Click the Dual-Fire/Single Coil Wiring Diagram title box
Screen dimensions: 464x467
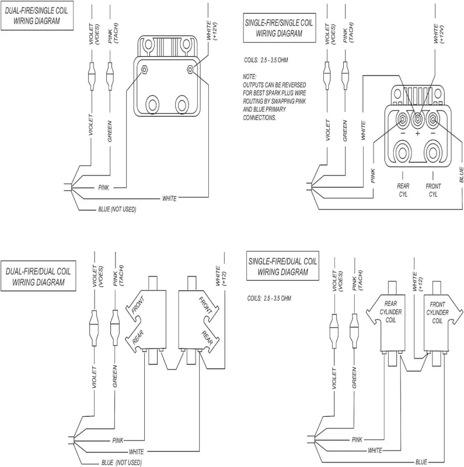coord(37,16)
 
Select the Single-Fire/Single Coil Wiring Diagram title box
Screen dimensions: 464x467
coord(280,27)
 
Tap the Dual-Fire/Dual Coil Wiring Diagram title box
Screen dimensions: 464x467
coord(38,276)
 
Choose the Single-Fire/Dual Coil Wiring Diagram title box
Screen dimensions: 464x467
coord(282,266)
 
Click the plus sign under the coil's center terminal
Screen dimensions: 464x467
coord(417,133)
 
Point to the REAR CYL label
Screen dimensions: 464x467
coord(403,190)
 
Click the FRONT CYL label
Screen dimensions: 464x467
coord(433,190)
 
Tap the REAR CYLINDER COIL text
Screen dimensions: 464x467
coord(390,312)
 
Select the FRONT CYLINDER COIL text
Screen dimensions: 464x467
coord(437,313)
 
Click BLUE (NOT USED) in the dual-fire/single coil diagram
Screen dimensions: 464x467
coord(117,210)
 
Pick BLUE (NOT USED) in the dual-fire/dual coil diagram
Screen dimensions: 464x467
coord(121,462)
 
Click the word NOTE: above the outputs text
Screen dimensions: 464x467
coord(250,77)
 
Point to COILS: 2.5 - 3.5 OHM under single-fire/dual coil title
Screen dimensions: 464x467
coord(269,298)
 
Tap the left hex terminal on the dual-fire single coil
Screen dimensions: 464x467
coord(144,69)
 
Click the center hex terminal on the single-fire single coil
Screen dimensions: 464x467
coord(417,119)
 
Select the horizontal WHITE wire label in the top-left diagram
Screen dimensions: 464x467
coord(169,198)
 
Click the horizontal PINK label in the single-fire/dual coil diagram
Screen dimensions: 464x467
coord(357,440)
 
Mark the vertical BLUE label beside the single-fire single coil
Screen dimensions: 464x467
coord(461,175)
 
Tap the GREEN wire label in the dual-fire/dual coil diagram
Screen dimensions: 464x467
coord(115,377)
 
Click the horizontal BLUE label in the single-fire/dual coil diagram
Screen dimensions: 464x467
coord(421,462)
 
